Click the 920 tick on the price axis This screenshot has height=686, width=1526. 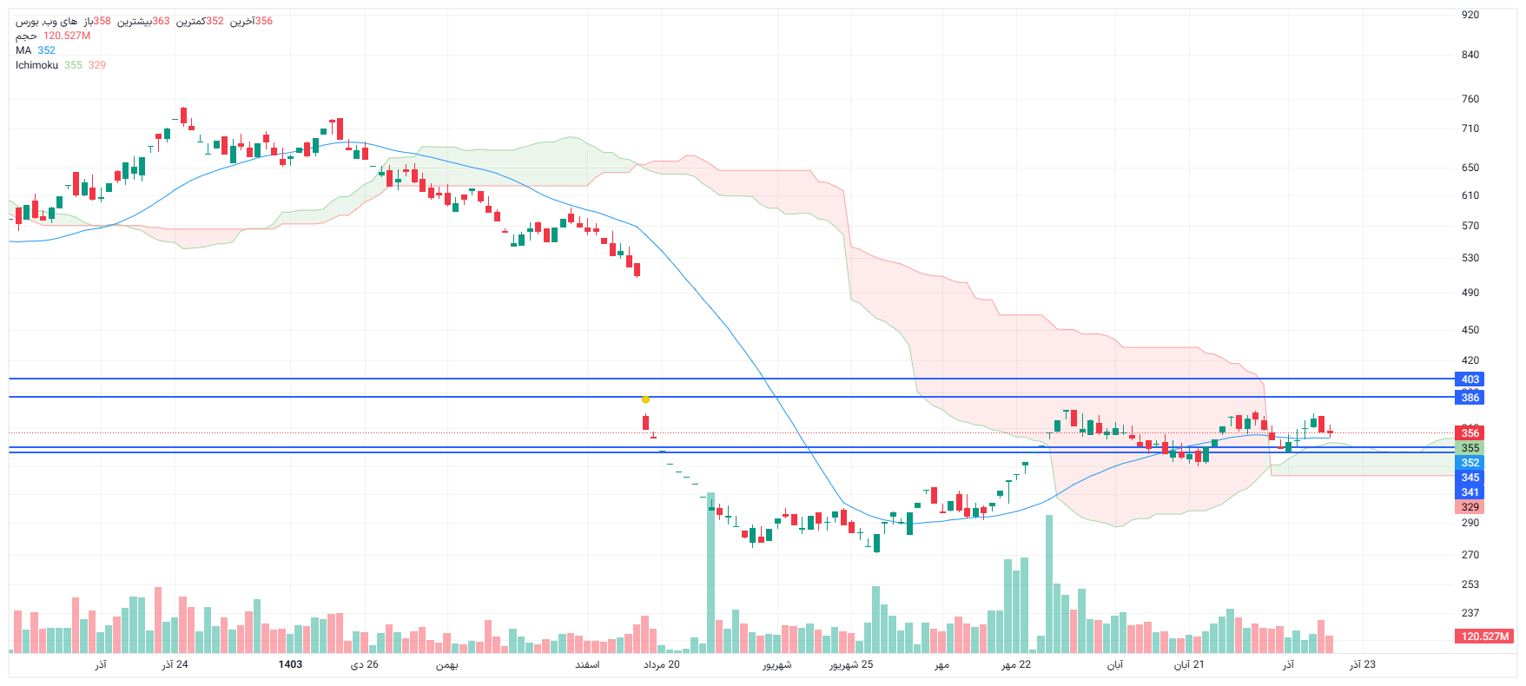1470,15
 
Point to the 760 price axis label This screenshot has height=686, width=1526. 1470,99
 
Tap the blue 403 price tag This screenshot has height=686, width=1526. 1470,379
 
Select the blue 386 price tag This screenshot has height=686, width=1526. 1470,398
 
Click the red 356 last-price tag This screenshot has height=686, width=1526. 1470,433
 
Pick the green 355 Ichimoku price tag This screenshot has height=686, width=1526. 1470,448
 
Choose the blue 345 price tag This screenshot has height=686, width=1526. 1470,478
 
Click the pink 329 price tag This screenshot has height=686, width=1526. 1470,507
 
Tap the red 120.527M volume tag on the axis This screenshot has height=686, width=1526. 1484,637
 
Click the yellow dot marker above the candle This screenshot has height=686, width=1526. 645,399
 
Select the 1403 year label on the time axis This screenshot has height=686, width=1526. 290,664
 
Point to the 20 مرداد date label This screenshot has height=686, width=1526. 662,664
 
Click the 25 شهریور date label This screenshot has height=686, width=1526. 851,664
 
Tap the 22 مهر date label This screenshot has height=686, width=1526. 1016,664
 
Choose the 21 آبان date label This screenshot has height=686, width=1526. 1189,664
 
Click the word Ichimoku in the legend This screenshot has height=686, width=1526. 36,65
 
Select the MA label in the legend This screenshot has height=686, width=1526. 23,50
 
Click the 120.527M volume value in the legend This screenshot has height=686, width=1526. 67,36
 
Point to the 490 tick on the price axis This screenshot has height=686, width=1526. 1470,293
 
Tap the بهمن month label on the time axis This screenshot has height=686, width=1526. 446,664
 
